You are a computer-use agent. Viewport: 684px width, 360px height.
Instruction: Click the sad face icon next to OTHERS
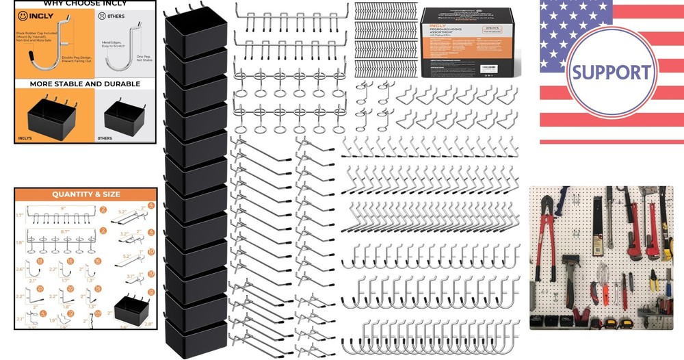(x=102, y=14)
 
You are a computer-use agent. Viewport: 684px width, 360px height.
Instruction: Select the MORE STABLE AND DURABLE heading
(x=85, y=84)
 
